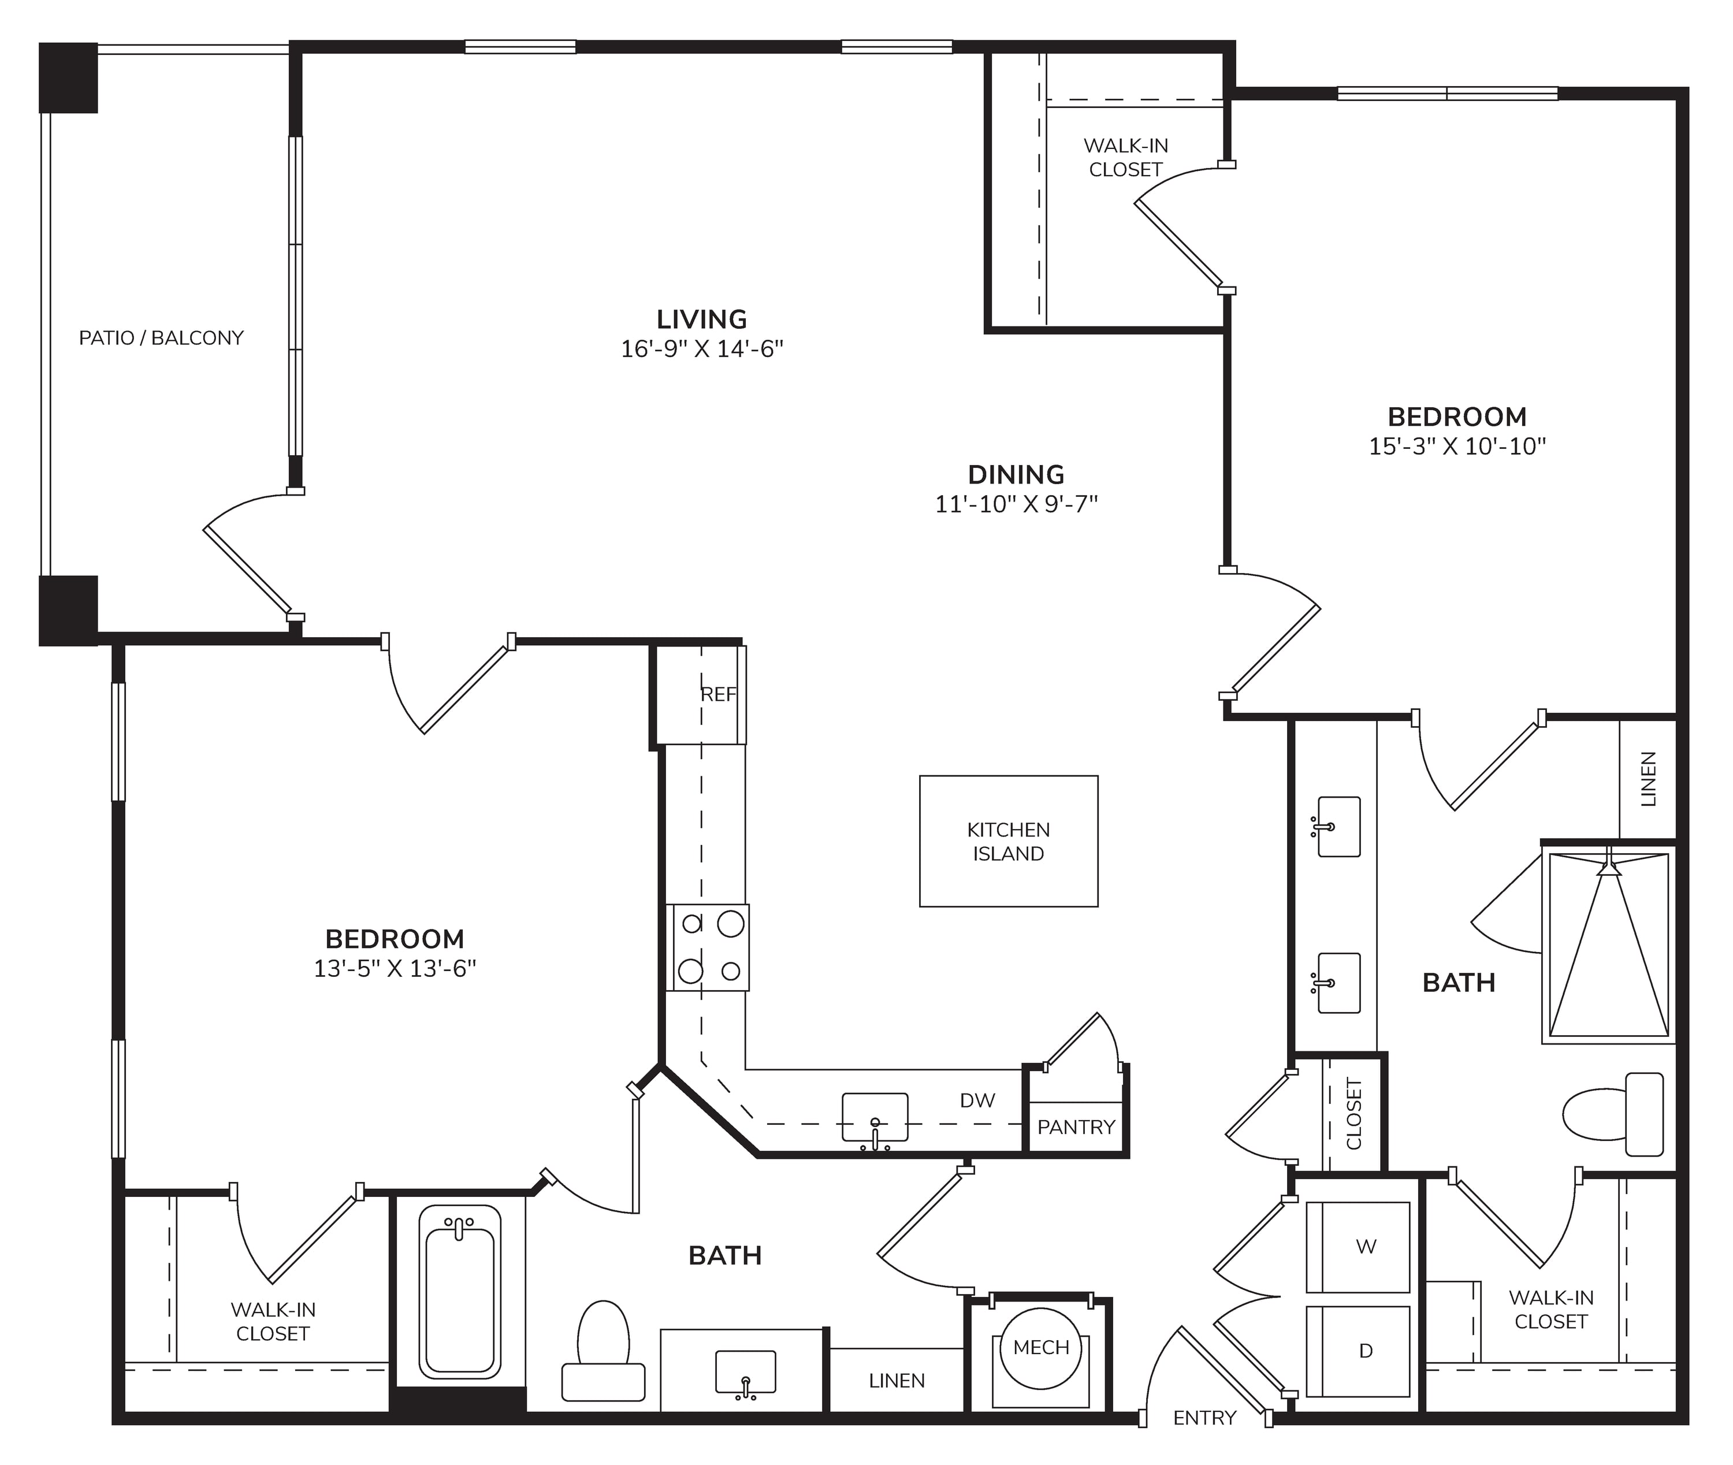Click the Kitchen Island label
pos(1008,841)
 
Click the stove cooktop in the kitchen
pos(708,947)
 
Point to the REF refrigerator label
pos(718,694)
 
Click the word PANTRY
pos(1076,1127)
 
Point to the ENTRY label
pos(1205,1418)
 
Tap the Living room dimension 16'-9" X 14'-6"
pos(702,349)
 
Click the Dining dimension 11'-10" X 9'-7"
pos(1016,504)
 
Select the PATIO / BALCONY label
pos(161,338)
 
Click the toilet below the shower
pos(1613,1114)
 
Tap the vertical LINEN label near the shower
pos(1649,779)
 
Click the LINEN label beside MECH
pos(897,1380)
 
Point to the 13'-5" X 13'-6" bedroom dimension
pos(395,968)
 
